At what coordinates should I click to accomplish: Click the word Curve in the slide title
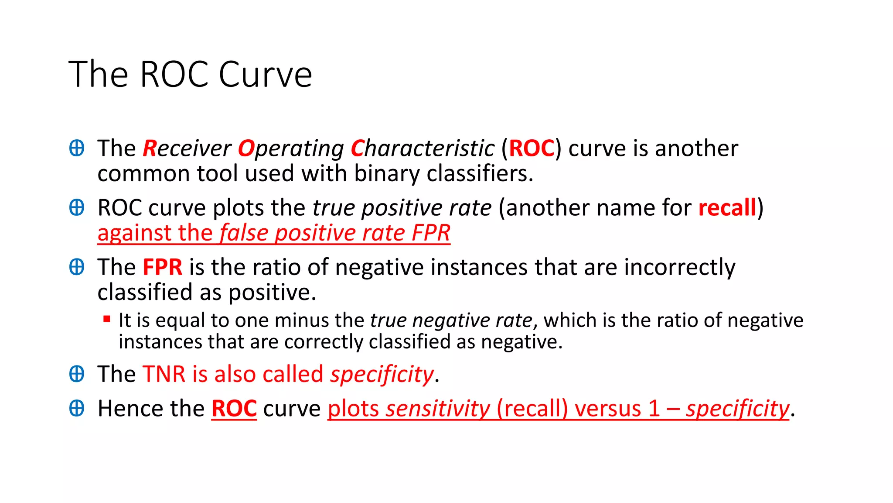coord(265,75)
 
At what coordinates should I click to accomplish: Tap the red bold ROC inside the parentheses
coord(532,148)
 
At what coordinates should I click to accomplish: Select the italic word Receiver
coord(187,148)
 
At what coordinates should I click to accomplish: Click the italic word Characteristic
coord(423,148)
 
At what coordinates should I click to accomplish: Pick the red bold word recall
coord(727,208)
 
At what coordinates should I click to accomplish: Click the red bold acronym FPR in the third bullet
coord(162,267)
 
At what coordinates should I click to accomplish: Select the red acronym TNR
coord(164,375)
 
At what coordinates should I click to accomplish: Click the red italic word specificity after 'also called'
coord(382,375)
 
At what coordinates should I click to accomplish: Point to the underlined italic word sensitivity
coord(438,409)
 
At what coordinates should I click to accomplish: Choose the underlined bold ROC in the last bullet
coord(234,409)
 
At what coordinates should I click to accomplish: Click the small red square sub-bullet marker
coord(107,319)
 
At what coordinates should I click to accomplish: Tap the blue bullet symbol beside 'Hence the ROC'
coord(77,409)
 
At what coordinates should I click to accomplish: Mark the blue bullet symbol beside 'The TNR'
coord(77,374)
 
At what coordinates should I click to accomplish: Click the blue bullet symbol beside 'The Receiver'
coord(77,148)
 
